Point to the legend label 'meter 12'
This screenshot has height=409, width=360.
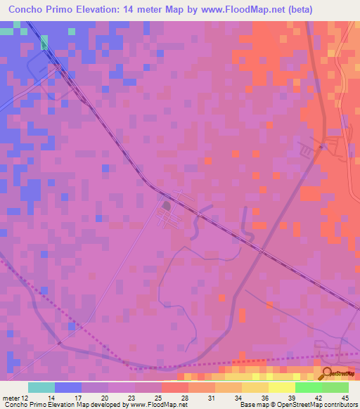[x=15, y=398]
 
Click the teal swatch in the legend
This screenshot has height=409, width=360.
[x=41, y=387]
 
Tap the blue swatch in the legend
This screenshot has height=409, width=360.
[x=68, y=387]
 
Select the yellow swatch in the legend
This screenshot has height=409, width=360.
[x=281, y=387]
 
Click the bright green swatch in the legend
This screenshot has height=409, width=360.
[x=308, y=387]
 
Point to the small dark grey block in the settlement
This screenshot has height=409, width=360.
[x=167, y=207]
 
